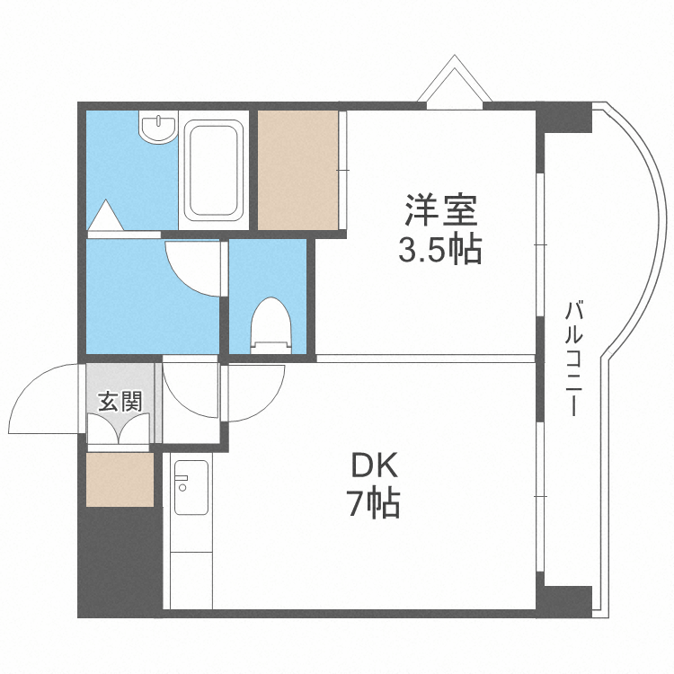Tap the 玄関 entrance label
tap(120, 401)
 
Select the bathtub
tap(214, 171)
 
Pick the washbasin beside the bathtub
tap(157, 129)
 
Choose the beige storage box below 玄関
tap(120, 478)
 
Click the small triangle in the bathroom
tap(106, 217)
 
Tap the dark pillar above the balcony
tap(563, 118)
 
